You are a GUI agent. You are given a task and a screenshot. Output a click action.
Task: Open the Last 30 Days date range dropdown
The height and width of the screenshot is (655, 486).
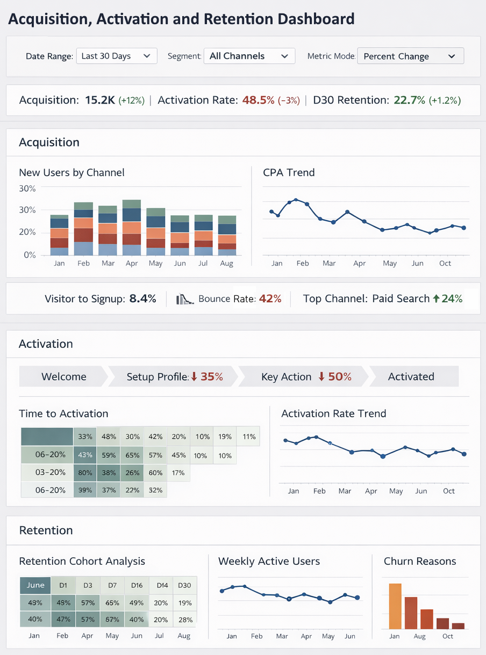[116, 56]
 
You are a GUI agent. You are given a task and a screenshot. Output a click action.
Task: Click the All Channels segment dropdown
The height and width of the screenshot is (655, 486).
[249, 56]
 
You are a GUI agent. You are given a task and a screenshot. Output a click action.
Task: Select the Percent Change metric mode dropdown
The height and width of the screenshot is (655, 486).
[410, 56]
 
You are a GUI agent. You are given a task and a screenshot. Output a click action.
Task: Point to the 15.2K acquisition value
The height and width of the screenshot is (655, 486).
[100, 100]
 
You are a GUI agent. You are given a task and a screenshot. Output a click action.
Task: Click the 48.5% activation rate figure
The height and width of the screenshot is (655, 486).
[258, 100]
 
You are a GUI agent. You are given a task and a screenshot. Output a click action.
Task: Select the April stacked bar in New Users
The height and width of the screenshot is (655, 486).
[132, 228]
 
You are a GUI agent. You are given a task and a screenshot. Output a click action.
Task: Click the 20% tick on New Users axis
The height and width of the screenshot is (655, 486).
[27, 232]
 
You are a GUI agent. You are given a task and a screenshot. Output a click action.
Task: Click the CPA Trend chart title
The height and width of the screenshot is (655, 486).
[289, 173]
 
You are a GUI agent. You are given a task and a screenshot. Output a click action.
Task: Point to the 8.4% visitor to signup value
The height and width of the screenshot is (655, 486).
[142, 299]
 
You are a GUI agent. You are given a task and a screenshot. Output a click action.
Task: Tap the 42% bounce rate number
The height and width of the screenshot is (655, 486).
[270, 299]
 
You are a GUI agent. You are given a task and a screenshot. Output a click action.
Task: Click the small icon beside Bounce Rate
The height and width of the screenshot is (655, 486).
[184, 299]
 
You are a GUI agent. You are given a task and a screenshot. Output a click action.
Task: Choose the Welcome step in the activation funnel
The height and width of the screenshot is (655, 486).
[63, 377]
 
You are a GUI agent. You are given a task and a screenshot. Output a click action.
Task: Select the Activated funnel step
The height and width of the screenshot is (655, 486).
[411, 377]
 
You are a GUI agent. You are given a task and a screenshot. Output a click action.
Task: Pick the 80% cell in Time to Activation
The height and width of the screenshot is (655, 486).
[85, 473]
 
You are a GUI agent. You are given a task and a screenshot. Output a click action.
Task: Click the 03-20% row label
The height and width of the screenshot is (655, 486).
[50, 473]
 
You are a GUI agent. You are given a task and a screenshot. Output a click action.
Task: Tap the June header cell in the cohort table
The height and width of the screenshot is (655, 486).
[35, 585]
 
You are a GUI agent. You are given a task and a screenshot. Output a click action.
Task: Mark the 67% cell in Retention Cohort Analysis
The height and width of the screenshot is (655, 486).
[112, 620]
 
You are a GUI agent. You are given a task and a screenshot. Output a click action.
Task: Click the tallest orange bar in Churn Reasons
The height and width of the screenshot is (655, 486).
[395, 606]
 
